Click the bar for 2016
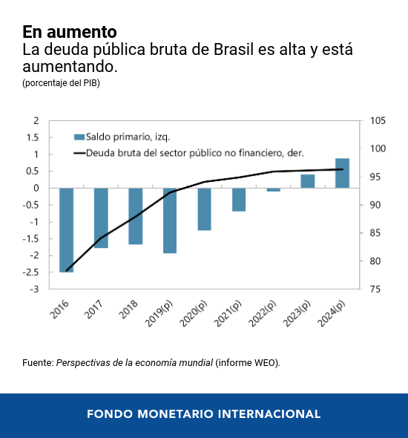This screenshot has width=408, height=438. pos(66,229)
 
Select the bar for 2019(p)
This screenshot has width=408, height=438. pos(170,220)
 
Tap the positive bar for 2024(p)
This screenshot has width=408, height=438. pos(342,173)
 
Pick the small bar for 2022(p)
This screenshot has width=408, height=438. pos(273,190)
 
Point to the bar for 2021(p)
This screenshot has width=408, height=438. pos(239,200)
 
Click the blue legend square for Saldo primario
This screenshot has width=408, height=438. pos(79,137)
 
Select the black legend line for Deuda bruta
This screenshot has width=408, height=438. pos(79,154)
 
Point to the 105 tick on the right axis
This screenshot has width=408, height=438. pos(376,121)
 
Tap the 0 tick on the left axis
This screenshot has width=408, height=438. pos(36,188)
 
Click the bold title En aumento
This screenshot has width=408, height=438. pos(69,32)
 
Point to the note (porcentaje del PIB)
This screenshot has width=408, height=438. pos(61,83)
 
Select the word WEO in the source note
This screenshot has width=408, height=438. pos(264,363)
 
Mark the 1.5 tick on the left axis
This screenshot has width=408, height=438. pos(33,137)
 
